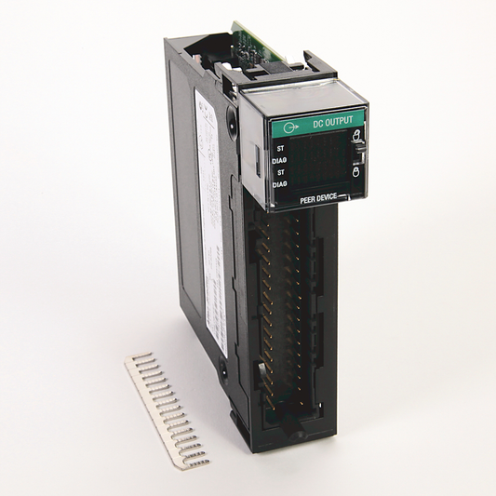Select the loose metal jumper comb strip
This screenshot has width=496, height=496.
click(167, 410)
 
